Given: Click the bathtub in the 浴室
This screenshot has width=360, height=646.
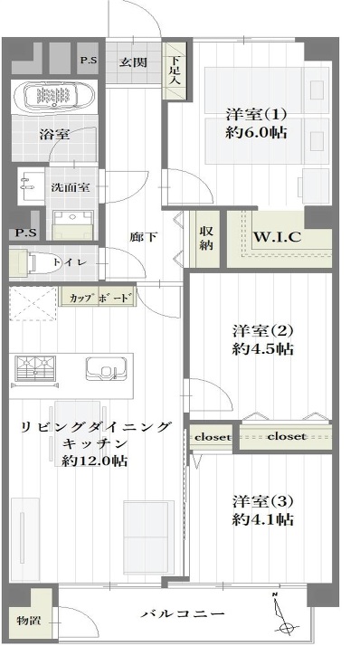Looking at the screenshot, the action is click(55, 97).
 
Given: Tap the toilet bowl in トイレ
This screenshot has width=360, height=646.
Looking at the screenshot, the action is click(45, 261).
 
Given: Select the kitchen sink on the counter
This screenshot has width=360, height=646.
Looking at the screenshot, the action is click(106, 368).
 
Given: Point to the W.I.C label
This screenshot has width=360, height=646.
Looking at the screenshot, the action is click(277, 237).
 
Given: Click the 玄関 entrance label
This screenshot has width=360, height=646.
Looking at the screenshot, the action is click(133, 62).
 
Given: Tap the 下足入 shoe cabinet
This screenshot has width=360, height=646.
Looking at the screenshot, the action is click(175, 71).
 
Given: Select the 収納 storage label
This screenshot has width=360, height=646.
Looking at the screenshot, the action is click(206, 238).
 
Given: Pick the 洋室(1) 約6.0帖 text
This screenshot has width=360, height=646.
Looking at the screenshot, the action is click(256, 123).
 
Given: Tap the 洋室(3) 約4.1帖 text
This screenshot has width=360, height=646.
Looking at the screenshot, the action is click(262, 510).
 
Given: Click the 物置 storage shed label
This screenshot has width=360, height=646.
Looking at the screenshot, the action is click(28, 620).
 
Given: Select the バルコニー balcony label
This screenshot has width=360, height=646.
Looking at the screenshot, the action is click(183, 613).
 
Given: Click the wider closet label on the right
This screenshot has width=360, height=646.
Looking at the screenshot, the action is click(287, 436).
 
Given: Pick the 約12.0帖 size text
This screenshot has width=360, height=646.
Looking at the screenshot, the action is click(94, 461).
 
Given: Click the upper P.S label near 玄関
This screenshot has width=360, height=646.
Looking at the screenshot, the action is click(88, 60).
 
